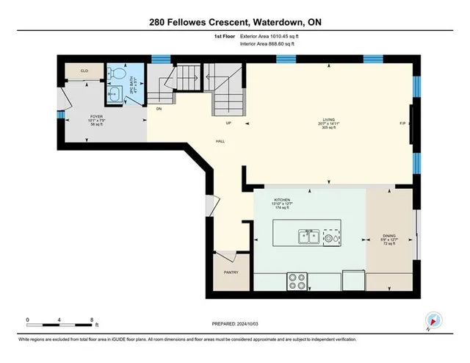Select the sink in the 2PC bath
115,93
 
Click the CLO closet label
84,71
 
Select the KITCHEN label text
283,200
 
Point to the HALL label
220,140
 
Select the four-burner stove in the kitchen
298,280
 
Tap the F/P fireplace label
402,123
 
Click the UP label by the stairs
228,123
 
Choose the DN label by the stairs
158,108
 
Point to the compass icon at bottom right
433,320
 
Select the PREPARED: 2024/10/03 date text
234,322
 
